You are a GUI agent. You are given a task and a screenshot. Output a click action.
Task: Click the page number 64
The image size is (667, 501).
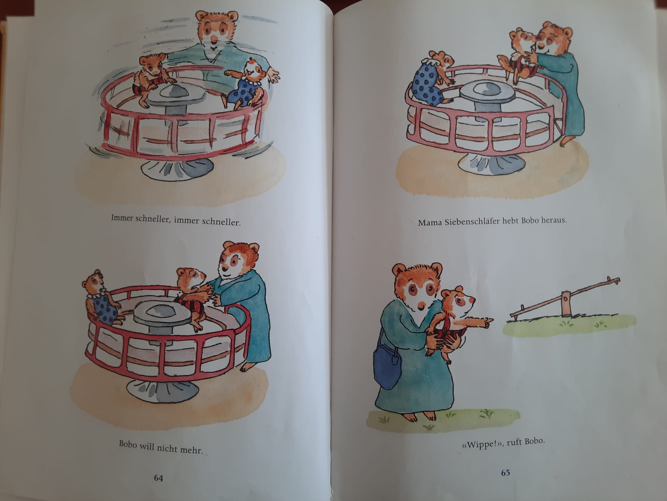158,478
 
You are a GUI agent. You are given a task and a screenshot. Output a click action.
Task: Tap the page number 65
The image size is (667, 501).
506,473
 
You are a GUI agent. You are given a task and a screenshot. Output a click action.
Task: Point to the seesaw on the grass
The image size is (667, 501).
565,297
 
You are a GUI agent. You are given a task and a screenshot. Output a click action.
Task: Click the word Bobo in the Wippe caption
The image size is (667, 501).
535,441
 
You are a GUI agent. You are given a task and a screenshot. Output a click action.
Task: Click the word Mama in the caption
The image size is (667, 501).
430,222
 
